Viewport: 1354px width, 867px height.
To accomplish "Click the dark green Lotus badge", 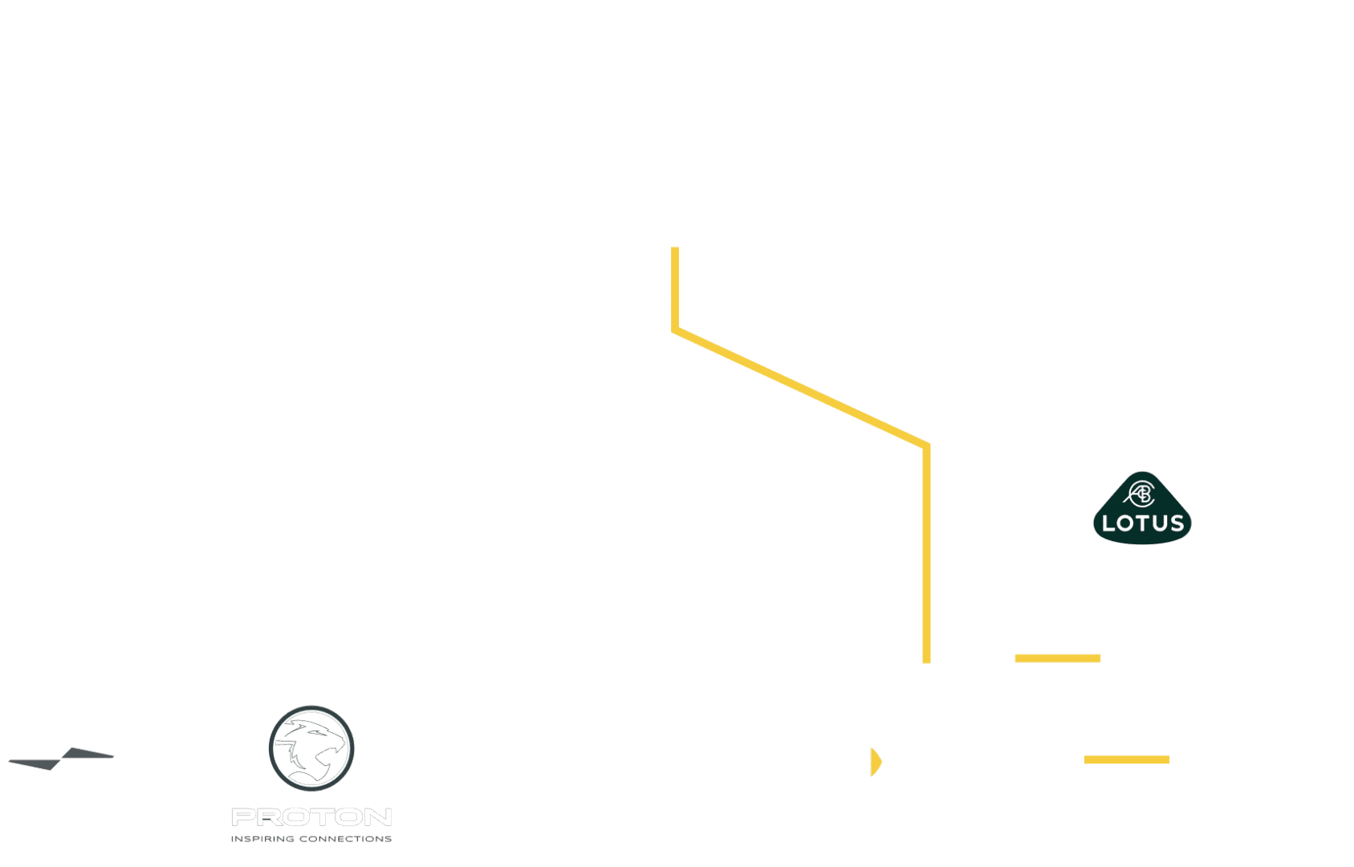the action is [x=1142, y=508].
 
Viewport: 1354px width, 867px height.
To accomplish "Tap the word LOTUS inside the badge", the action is [x=1142, y=523].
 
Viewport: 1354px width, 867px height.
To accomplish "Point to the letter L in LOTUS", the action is [x=1108, y=523].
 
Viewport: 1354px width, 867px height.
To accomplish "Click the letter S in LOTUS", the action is [x=1177, y=523].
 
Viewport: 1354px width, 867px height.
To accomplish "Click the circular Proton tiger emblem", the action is [x=311, y=748].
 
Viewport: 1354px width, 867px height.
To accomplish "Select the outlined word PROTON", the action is [x=311, y=816].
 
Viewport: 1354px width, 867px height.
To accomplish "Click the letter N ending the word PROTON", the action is [x=378, y=816].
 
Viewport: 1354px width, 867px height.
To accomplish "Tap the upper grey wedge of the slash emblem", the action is [x=87, y=753].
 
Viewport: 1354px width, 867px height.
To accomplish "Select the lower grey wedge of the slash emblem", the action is [x=35, y=764].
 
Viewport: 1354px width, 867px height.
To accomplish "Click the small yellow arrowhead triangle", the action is [x=876, y=762].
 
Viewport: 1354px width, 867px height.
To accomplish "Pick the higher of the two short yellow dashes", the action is [x=1058, y=658].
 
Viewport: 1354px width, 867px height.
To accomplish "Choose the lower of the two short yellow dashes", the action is [x=1127, y=759].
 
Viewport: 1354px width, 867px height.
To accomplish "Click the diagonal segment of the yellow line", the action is [x=801, y=389].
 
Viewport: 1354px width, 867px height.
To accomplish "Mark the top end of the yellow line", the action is [x=675, y=248].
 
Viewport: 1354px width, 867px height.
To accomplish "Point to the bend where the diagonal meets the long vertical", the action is [x=926, y=446].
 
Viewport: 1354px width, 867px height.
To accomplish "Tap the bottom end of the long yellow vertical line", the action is [x=926, y=662].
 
